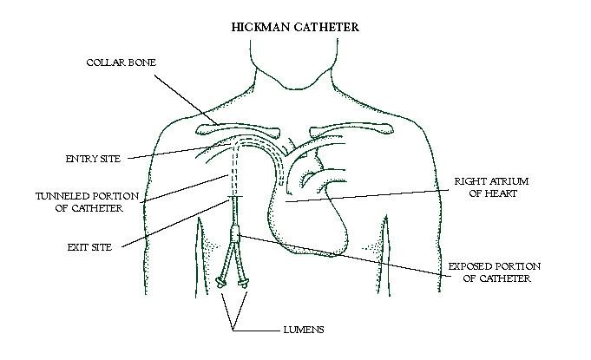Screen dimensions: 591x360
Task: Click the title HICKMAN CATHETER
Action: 295,27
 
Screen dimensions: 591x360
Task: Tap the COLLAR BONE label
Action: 121,62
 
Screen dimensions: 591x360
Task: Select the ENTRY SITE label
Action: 93,159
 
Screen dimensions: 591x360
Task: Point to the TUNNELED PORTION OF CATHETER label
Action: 87,202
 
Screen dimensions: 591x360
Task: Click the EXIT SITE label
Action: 89,247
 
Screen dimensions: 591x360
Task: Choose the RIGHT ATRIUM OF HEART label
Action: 491,187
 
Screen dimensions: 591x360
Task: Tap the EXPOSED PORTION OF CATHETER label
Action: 495,272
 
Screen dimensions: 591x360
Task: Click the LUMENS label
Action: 304,330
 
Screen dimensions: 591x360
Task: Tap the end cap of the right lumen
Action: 243,283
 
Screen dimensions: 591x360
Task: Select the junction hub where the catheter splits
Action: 234,233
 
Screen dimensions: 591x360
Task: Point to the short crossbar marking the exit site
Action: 234,197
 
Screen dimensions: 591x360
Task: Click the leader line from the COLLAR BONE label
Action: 187,100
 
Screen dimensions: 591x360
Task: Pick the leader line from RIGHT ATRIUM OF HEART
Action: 366,196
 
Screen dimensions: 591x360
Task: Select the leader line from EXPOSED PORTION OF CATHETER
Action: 345,256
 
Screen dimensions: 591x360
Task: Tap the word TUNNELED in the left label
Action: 62,196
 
